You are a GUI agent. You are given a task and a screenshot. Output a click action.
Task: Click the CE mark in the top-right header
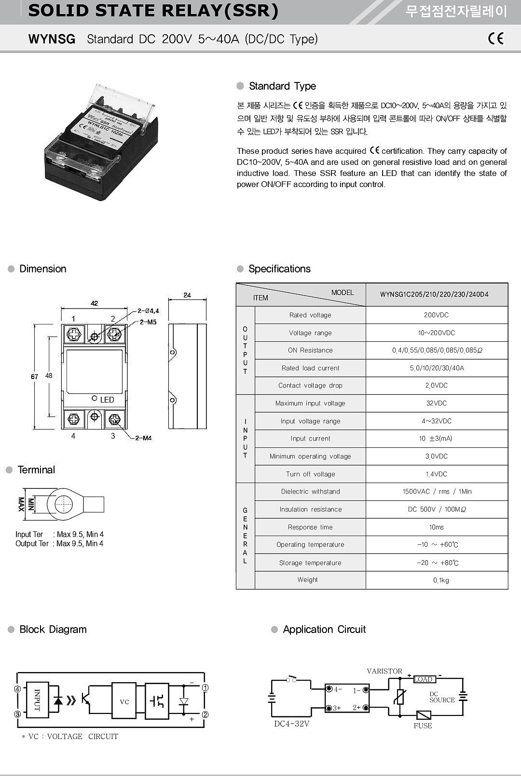tap(495, 39)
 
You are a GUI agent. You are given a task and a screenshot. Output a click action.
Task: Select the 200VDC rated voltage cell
tap(436, 315)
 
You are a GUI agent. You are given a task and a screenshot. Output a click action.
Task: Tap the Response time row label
tap(310, 527)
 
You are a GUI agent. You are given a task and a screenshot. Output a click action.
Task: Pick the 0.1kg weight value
tap(440, 580)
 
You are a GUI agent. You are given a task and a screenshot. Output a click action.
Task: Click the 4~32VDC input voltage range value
tap(436, 421)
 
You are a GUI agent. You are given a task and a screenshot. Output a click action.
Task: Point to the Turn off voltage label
tap(310, 474)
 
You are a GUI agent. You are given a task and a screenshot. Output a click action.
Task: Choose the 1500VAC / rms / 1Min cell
tap(437, 492)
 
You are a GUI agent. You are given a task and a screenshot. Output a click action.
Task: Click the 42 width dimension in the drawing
tap(94, 303)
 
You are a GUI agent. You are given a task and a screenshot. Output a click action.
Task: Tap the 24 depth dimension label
tap(187, 295)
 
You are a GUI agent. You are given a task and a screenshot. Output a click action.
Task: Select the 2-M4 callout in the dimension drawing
tap(143, 438)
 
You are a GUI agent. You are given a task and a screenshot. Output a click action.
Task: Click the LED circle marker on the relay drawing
tap(95, 399)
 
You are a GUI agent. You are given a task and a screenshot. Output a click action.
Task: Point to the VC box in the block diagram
tap(124, 701)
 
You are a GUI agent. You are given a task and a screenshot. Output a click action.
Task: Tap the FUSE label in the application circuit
tap(423, 726)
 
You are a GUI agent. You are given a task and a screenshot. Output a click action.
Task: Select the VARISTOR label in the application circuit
tap(384, 671)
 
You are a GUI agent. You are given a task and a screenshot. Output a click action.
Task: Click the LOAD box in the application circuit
tap(424, 679)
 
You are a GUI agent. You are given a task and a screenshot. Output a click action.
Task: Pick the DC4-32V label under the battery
tap(291, 724)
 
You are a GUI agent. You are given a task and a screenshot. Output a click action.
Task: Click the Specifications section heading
tap(279, 269)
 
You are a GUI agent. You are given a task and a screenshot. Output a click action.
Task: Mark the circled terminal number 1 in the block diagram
tap(205, 688)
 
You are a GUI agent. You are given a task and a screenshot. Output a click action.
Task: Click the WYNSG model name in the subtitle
tap(52, 39)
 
